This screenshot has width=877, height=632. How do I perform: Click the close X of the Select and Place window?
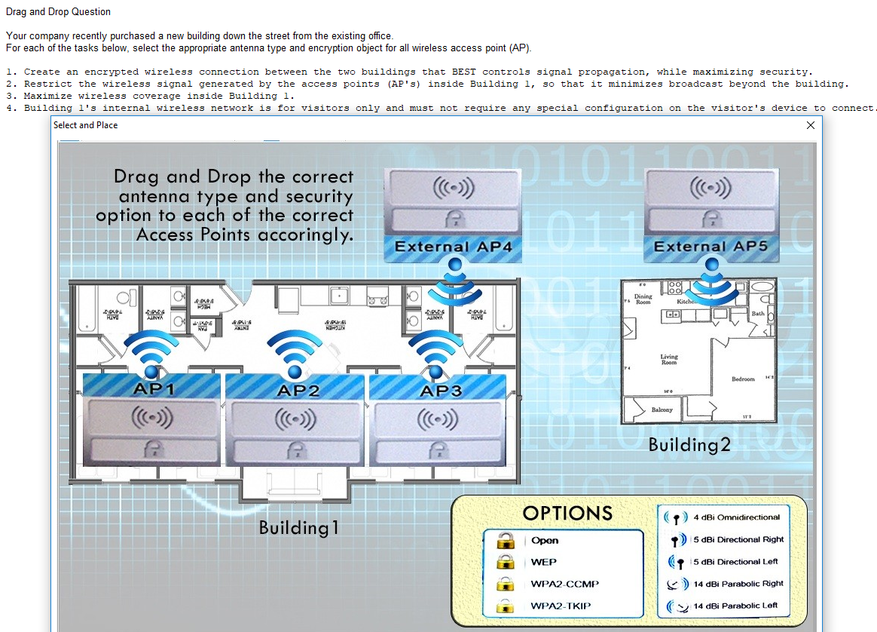pyautogui.click(x=811, y=125)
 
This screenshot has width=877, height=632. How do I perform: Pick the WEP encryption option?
pyautogui.click(x=543, y=562)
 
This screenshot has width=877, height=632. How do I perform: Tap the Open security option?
pyautogui.click(x=545, y=540)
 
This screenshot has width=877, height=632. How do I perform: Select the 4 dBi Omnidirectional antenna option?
pyautogui.click(x=736, y=517)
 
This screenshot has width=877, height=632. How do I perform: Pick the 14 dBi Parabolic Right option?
pyautogui.click(x=738, y=583)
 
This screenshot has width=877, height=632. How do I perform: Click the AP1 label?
pyautogui.click(x=153, y=389)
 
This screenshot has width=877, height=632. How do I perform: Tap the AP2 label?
pyautogui.click(x=298, y=390)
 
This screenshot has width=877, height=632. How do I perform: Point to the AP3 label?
pyautogui.click(x=441, y=390)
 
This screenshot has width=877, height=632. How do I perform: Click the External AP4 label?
pyautogui.click(x=453, y=247)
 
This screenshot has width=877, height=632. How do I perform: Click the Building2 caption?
pyautogui.click(x=689, y=445)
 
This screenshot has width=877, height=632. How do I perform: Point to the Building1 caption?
pyautogui.click(x=299, y=527)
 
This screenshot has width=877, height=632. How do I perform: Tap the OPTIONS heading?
pyautogui.click(x=567, y=513)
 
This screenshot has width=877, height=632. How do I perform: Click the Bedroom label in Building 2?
pyautogui.click(x=743, y=379)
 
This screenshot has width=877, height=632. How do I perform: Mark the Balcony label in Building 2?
pyautogui.click(x=663, y=410)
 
